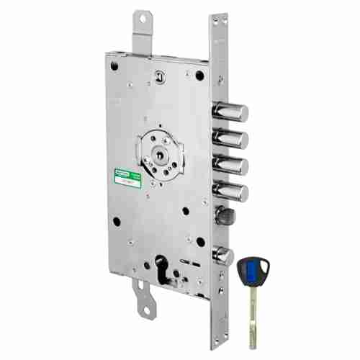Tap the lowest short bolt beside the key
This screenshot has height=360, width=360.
click(x=222, y=253)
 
